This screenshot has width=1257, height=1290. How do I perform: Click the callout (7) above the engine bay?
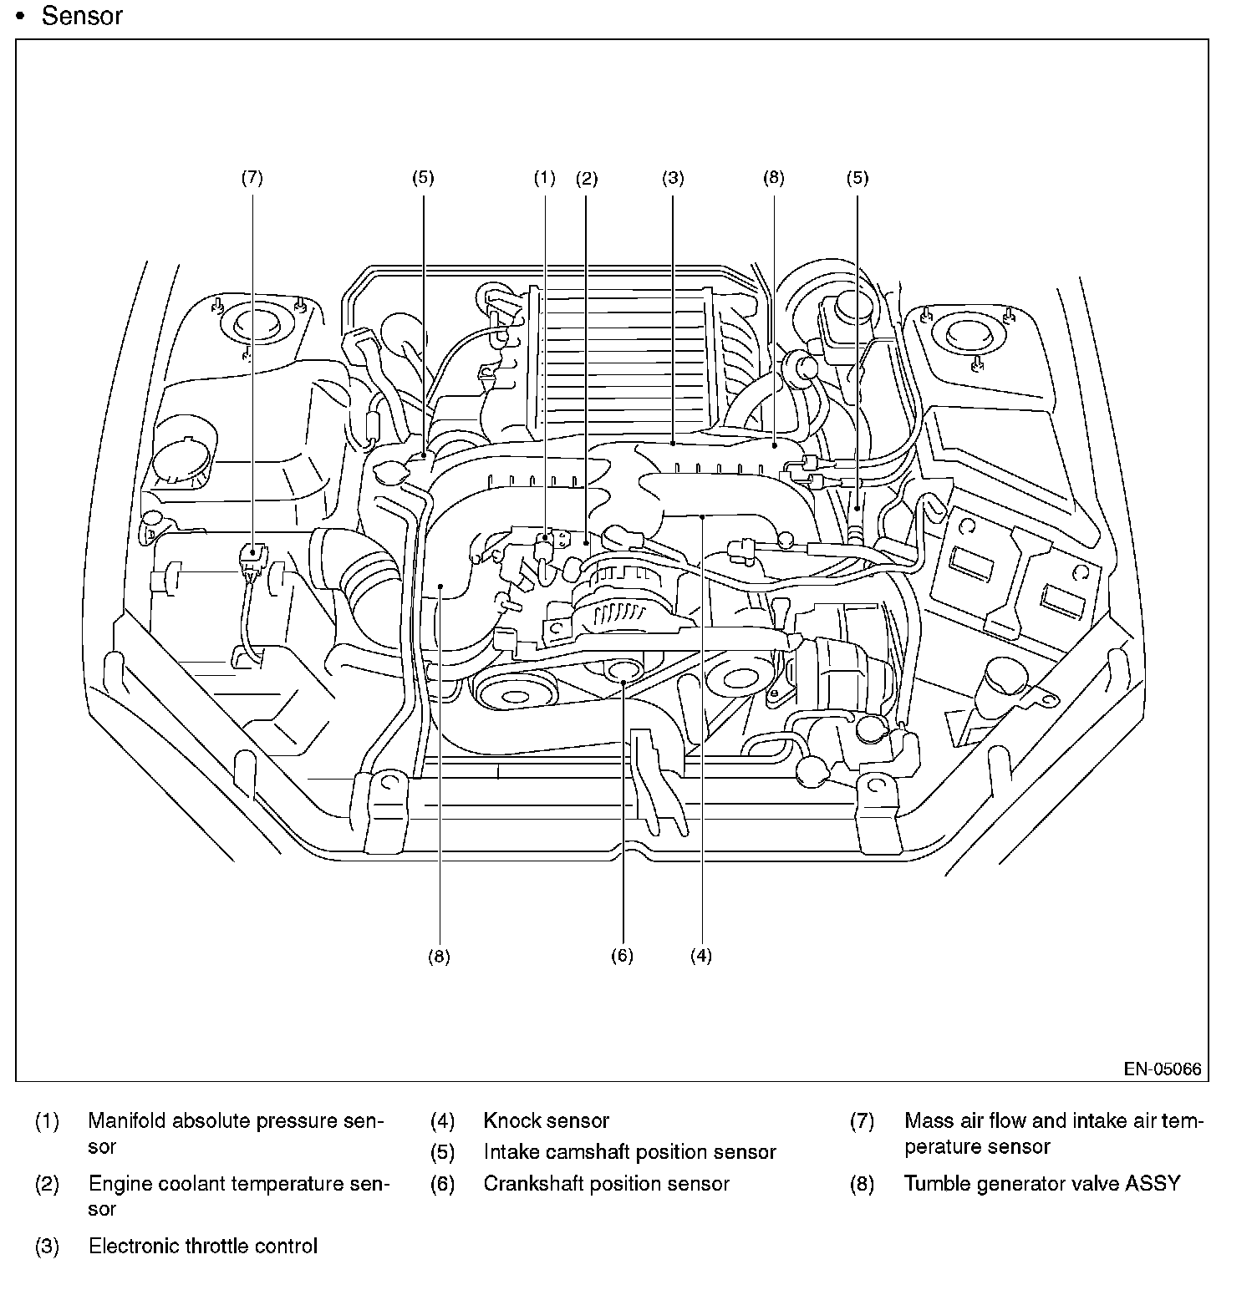252,178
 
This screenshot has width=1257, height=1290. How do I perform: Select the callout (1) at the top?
544,178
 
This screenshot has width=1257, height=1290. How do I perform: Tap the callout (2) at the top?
587,178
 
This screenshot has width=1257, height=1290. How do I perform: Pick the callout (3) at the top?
673,178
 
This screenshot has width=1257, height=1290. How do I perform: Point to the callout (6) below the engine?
622,956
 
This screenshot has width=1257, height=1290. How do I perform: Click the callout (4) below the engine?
701,956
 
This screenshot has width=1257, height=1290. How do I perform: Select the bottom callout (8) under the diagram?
439,956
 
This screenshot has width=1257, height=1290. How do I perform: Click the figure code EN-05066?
1163,1069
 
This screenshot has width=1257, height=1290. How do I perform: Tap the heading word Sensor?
82,16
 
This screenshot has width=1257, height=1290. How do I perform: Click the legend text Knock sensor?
547,1120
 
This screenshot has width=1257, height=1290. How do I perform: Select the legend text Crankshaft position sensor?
607,1183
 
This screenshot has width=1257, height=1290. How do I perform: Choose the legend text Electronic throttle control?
203,1246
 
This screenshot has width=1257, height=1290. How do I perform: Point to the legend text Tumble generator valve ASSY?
1042,1183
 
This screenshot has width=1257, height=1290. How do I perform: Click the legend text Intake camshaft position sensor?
630,1152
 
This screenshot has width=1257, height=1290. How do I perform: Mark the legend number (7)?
862,1120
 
